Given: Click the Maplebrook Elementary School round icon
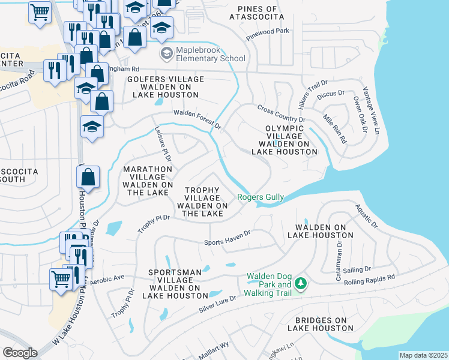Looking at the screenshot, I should [165, 53].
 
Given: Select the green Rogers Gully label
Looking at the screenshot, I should [261, 197].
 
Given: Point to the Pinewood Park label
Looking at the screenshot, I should [268, 31].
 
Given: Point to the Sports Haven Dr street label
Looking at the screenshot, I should [227, 241].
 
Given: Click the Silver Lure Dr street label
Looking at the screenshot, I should [221, 305].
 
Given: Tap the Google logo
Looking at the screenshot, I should [20, 352].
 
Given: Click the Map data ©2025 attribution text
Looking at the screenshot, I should [423, 355].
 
